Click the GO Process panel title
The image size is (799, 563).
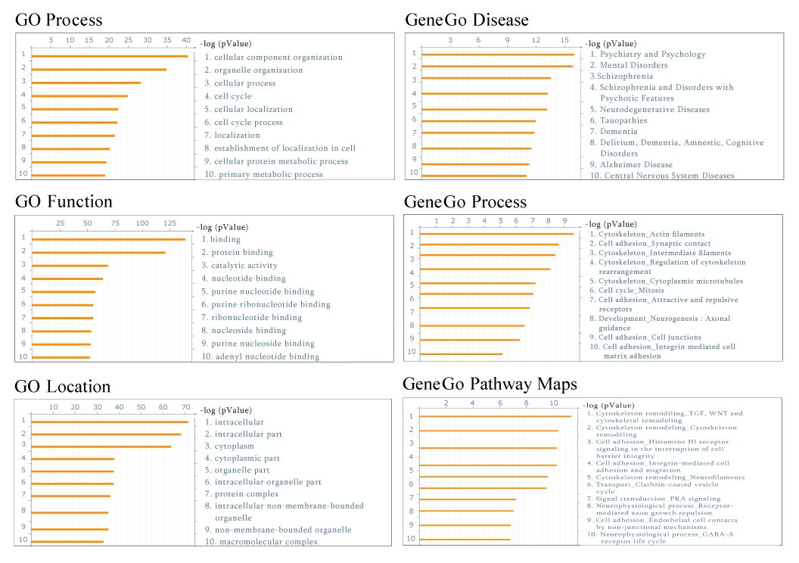click(58, 20)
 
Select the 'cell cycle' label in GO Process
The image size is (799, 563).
click(232, 96)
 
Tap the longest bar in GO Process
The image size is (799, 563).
click(110, 56)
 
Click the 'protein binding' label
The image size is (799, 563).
click(242, 252)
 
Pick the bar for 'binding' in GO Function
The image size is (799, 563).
click(108, 239)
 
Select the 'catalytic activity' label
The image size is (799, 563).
click(244, 266)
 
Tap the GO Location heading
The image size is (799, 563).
click(63, 387)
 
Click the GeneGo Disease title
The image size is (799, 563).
click(466, 20)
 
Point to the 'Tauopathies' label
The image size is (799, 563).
click(623, 120)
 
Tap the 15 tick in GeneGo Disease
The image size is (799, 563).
click(564, 39)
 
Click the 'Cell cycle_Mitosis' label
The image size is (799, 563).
click(631, 290)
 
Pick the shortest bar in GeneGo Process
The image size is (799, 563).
click(461, 353)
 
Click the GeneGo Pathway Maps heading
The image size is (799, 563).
click(490, 384)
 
